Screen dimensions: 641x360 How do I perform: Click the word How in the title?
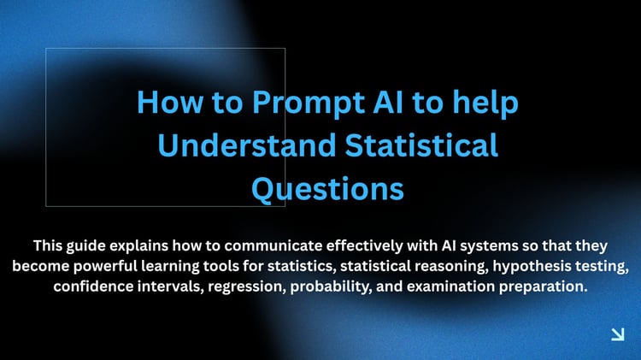click(170, 102)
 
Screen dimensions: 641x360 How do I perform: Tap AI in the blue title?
click(388, 102)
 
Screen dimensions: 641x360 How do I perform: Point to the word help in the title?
click(485, 103)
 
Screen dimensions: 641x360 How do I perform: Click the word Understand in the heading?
click(247, 145)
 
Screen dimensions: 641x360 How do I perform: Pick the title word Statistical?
click(421, 145)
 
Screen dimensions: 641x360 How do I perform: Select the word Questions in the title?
click(328, 190)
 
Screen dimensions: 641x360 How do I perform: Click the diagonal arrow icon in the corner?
click(618, 333)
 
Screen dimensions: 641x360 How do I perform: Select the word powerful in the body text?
click(105, 267)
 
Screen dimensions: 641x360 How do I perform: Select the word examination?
click(450, 286)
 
